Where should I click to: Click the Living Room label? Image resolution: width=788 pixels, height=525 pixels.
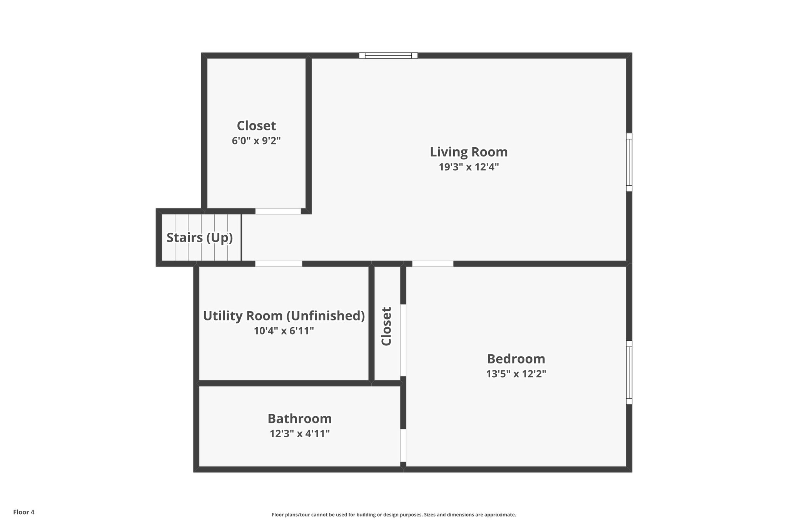[469, 152]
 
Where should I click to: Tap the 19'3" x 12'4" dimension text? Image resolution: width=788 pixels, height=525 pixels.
[469, 167]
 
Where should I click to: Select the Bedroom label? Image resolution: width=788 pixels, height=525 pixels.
[516, 359]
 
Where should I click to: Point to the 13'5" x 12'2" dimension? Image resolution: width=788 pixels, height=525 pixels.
[516, 374]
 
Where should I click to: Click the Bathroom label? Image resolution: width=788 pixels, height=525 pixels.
[299, 418]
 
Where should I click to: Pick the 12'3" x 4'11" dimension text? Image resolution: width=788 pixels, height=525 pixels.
[299, 434]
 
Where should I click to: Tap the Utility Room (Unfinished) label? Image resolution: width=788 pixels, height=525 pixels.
[284, 316]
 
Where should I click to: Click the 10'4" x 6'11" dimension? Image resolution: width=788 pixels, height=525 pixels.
[284, 331]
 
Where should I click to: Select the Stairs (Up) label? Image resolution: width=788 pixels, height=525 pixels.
[199, 238]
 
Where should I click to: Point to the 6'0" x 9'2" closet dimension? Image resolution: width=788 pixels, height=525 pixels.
[256, 141]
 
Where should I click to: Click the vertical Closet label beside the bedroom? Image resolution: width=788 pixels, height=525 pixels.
[386, 326]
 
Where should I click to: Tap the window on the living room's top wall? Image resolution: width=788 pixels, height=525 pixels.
[388, 56]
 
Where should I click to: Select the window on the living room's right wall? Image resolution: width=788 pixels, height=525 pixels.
[629, 162]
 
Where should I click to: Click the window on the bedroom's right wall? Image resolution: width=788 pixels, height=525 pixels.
[629, 372]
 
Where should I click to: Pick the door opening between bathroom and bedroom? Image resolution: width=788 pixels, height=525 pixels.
[403, 445]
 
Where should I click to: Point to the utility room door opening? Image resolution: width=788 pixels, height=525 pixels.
[279, 263]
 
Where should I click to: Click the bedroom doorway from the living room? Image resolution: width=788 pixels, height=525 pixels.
[432, 263]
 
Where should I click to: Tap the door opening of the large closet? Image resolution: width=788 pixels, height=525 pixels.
[278, 211]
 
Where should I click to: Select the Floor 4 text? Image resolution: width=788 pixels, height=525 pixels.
[24, 512]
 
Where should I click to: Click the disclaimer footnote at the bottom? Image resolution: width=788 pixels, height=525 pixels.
[394, 515]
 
